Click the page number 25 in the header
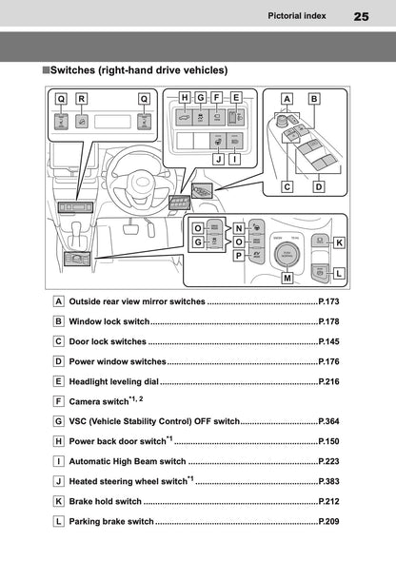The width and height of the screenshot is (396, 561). coord(361,16)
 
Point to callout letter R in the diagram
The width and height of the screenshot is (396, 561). coord(82,98)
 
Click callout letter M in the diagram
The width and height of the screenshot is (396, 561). coord(287,279)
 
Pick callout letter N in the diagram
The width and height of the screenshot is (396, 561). coord(239,228)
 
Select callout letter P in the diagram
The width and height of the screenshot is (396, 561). coord(239,257)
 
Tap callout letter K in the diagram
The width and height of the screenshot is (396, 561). coord(339,242)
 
